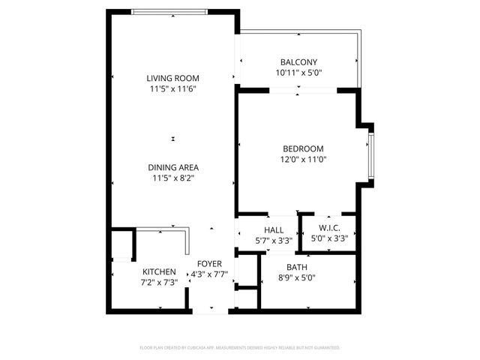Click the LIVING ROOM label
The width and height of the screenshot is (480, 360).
(x=172, y=78)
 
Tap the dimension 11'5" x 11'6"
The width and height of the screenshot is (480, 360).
(x=172, y=89)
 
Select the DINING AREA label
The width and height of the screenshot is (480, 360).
(x=172, y=167)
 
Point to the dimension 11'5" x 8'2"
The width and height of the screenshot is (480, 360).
(x=172, y=178)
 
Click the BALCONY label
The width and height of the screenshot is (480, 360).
(x=298, y=62)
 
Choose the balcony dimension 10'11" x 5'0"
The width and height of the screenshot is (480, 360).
(x=298, y=73)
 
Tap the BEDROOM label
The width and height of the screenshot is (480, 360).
(x=303, y=148)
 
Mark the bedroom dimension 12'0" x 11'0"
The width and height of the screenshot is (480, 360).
(x=303, y=159)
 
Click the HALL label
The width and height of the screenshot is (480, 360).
(x=274, y=230)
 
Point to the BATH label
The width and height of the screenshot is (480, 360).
(x=297, y=267)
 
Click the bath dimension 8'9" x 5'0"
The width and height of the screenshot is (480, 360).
(x=297, y=277)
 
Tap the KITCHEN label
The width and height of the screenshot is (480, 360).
(x=159, y=271)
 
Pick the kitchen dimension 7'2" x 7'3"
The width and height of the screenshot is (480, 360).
(x=159, y=282)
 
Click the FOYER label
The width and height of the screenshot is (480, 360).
(x=209, y=264)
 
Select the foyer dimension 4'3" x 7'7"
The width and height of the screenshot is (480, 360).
(x=209, y=274)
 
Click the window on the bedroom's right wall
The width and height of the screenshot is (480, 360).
(x=370, y=156)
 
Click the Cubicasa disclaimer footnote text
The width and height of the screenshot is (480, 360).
(x=240, y=348)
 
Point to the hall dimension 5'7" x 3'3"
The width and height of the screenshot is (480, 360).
(x=274, y=241)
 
